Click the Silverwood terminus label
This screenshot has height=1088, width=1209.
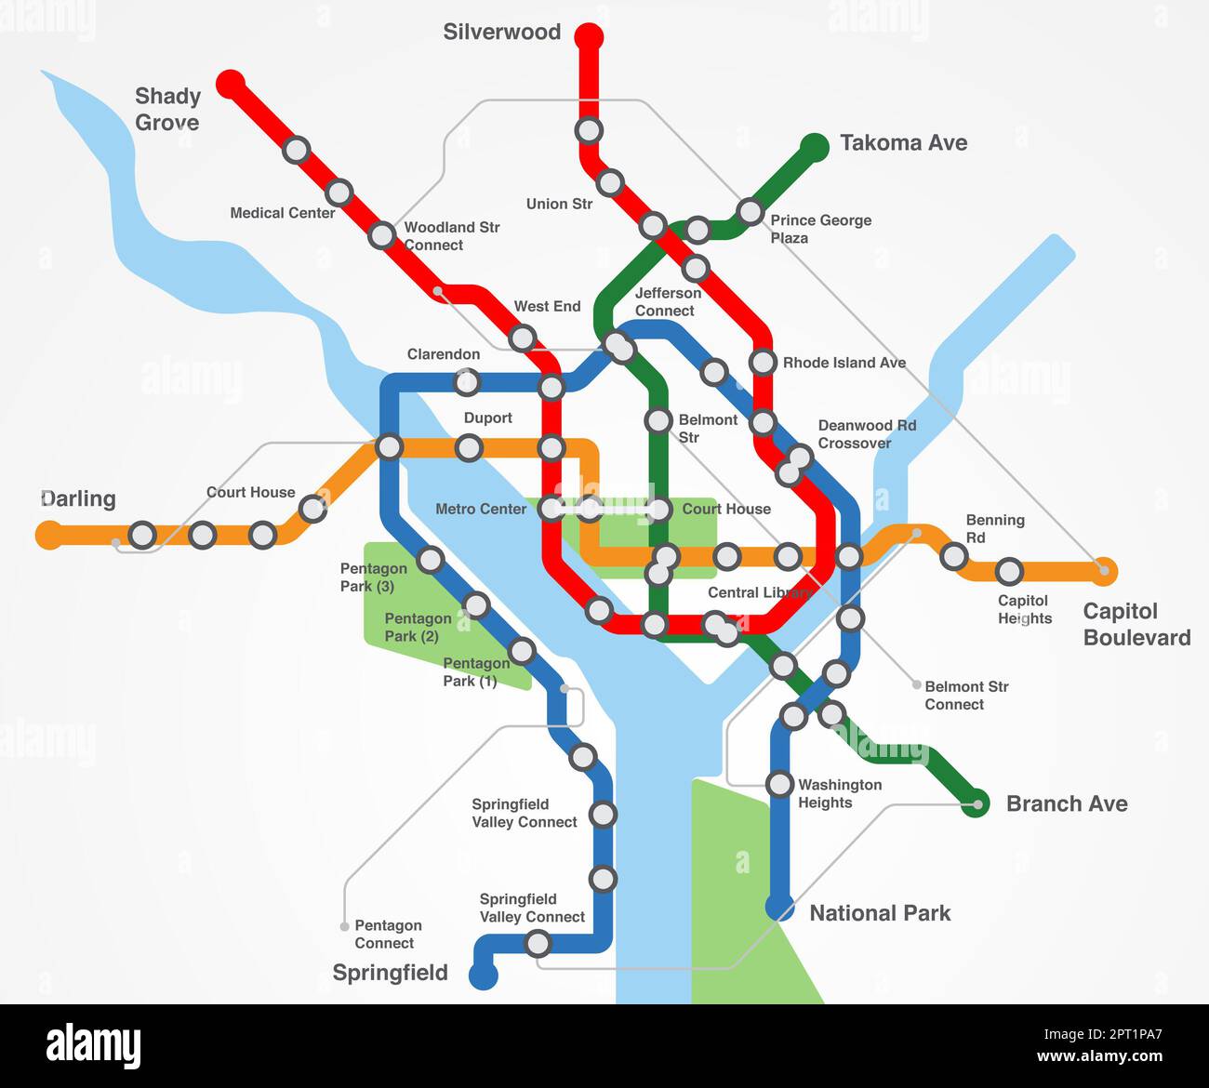click(501, 32)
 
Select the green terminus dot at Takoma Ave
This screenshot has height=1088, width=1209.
click(815, 147)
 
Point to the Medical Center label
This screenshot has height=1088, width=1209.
click(282, 213)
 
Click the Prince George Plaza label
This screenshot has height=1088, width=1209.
click(820, 229)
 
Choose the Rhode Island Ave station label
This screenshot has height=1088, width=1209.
click(844, 363)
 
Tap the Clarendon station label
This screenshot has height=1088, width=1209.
click(444, 354)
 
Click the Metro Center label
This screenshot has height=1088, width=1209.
click(481, 509)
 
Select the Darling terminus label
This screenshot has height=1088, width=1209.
click(78, 498)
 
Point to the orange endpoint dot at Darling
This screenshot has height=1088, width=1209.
click(48, 535)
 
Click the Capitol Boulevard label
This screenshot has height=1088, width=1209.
click(1136, 624)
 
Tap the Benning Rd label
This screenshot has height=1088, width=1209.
click(994, 528)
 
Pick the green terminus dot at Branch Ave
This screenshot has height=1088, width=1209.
click(975, 803)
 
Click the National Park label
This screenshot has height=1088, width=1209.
click(880, 913)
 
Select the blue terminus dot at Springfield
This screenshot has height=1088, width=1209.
click(483, 975)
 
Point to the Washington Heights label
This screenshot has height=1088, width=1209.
click(839, 793)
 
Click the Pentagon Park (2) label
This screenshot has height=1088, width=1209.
click(418, 627)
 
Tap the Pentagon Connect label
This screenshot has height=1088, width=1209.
click(388, 934)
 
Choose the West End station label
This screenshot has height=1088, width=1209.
click(547, 306)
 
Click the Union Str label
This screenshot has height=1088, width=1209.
click(559, 204)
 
